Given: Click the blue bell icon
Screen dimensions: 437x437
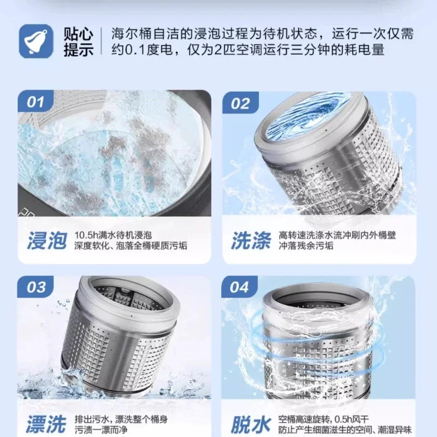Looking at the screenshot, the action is tap(36, 42).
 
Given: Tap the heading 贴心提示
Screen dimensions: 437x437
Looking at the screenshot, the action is tap(78, 42).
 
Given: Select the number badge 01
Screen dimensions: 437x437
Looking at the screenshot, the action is tap(36, 102).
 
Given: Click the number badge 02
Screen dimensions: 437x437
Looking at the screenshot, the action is tap(240, 103).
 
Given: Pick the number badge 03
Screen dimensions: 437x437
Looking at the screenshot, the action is tap(36, 287).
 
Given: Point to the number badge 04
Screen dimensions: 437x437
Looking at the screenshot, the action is tap(239, 287).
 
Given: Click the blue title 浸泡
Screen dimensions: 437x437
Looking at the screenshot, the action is tap(48, 240).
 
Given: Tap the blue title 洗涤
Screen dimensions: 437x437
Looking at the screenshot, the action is tap(251, 240).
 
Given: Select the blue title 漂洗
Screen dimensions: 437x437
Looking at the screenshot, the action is tap(46, 424).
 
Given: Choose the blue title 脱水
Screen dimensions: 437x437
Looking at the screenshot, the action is tap(251, 424).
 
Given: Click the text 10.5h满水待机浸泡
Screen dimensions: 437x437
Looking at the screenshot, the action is tap(113, 235).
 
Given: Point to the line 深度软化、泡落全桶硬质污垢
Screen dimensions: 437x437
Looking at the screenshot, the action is tap(131, 246).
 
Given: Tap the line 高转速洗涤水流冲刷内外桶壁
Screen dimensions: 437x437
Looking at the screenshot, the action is tap(337, 235).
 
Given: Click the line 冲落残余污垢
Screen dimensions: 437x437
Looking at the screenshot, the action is tap(306, 246).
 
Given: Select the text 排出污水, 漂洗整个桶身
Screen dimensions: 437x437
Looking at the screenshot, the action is tap(121, 419).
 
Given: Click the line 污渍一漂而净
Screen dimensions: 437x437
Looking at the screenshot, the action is tap(101, 430).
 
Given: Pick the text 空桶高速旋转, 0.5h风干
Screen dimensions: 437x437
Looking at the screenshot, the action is tap(323, 419).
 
